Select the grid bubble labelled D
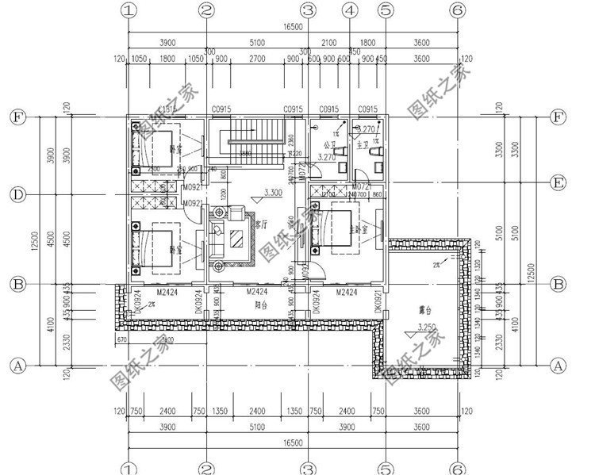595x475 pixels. (15, 194)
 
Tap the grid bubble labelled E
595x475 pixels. (558, 183)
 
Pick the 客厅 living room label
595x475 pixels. (261, 224)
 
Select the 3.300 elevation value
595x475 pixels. (272, 193)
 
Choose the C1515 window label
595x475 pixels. (167, 109)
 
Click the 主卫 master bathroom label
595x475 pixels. (363, 145)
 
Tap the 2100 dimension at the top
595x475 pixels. (328, 41)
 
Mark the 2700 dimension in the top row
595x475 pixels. (257, 59)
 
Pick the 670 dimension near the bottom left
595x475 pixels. (121, 339)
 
